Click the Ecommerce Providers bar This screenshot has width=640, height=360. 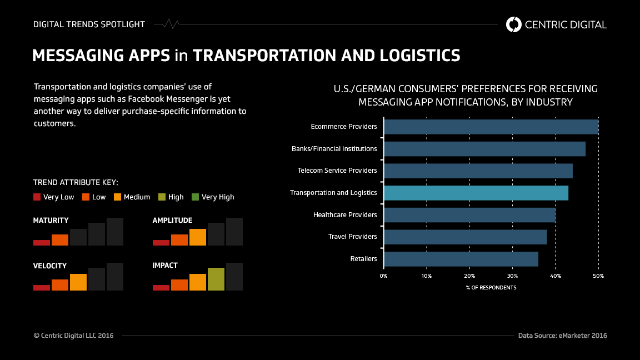tap(491, 127)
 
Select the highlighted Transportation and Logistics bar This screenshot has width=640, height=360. tap(476, 193)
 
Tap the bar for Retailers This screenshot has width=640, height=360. tap(461, 259)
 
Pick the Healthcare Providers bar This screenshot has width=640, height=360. tap(469, 215)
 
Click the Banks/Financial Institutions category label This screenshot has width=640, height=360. tap(334, 149)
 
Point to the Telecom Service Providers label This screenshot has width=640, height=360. tap(337, 171)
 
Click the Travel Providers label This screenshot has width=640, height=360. tap(352, 237)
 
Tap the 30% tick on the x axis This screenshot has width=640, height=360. tap(512, 276)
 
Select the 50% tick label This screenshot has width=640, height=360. tap(598, 276)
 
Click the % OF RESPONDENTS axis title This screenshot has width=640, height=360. tap(491, 288)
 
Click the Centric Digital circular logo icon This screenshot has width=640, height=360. tap(514, 24)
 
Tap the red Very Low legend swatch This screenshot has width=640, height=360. tap(37, 197)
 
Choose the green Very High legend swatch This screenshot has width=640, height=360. tap(195, 197)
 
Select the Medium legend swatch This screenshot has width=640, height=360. tap(117, 197)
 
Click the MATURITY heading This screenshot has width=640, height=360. tap(51, 221)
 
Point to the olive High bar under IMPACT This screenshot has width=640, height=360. tap(216, 279)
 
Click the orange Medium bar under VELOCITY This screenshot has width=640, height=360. tap(78, 282)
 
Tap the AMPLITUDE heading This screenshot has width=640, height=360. tap(172, 221)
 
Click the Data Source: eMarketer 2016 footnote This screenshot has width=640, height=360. tap(562, 336)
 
